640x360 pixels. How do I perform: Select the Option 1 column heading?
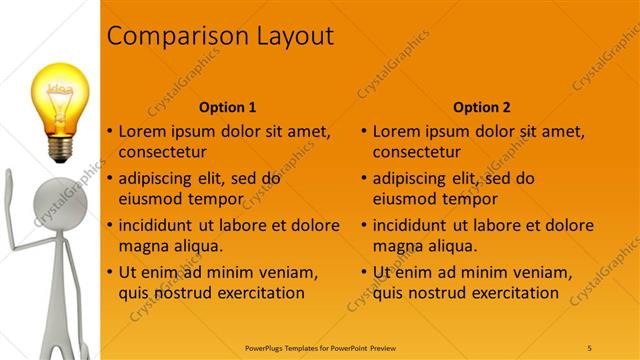point(228,107)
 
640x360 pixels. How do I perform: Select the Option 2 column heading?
point(482,107)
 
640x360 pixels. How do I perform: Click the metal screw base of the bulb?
point(61,149)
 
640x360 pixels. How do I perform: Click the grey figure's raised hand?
point(10,180)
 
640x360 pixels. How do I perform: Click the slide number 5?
point(590,347)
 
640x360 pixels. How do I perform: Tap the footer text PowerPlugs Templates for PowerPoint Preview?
point(319,347)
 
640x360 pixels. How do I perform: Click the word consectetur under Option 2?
point(416,153)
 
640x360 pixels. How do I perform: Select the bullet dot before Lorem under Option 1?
point(110,132)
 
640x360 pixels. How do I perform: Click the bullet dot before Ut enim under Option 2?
point(364,272)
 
